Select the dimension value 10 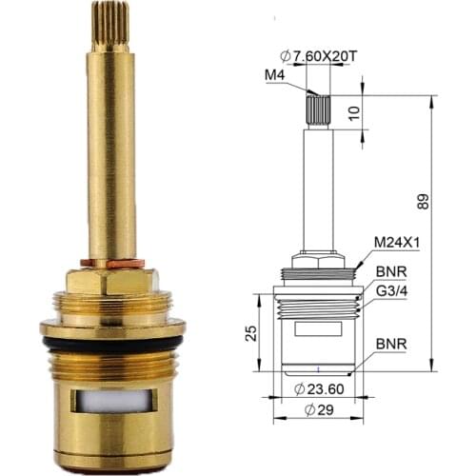pos(380,112)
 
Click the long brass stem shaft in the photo pos(112,152)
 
